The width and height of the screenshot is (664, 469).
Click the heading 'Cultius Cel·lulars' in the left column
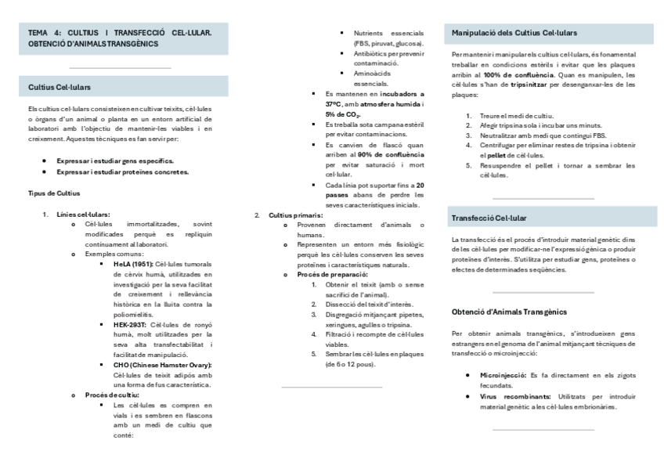click(x=60, y=87)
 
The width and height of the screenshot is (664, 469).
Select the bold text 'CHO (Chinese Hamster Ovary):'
click(x=162, y=365)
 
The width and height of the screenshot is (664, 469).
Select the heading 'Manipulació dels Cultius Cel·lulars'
click(x=515, y=33)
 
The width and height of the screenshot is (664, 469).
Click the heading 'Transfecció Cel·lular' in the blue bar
click(x=489, y=217)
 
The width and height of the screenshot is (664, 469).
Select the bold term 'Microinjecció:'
click(x=503, y=376)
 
